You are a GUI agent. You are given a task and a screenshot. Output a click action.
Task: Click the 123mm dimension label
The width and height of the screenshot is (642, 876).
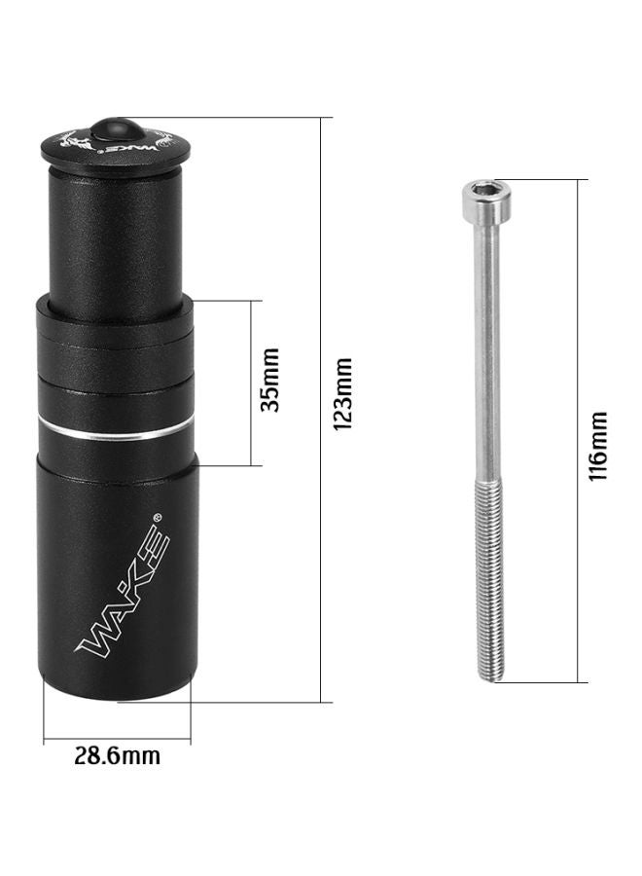pyautogui.click(x=341, y=394)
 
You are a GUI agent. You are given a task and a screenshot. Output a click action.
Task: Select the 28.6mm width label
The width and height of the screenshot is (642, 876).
pyautogui.click(x=118, y=755)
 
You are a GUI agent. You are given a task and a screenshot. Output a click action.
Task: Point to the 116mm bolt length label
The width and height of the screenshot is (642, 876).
pyautogui.click(x=598, y=445)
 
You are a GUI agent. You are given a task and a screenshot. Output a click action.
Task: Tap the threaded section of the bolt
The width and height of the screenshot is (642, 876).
pyautogui.click(x=486, y=574)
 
